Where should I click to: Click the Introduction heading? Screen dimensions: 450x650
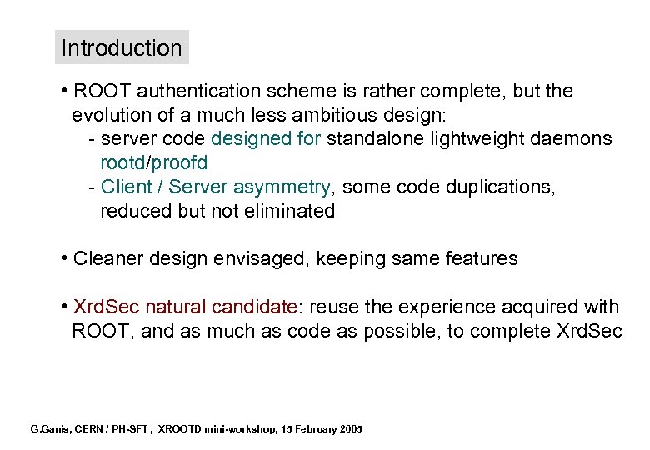click(121, 48)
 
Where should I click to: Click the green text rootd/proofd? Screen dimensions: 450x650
click(153, 162)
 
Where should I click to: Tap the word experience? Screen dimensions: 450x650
click(425, 307)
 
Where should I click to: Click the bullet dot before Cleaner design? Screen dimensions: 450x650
click(64, 259)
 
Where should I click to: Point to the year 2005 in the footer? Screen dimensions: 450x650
click(351, 429)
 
